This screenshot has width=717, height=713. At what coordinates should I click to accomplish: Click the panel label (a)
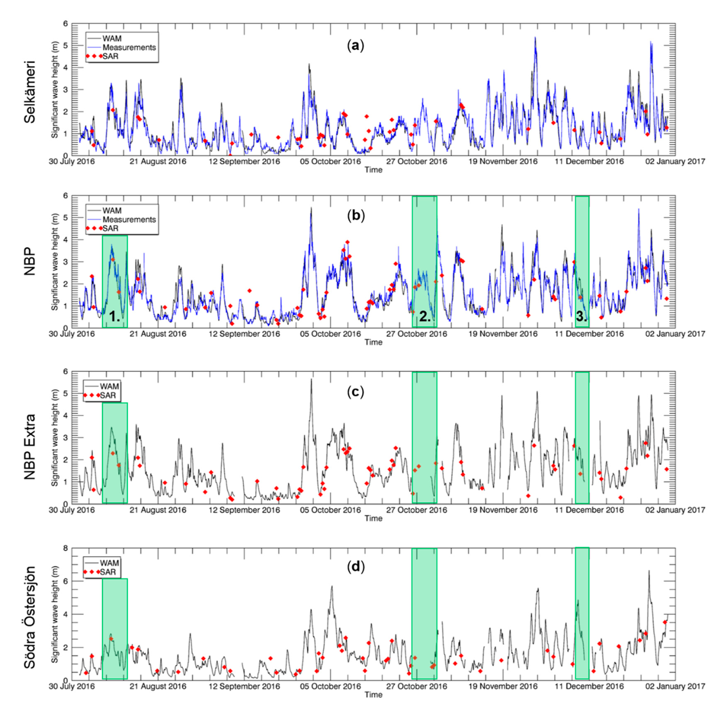[x=355, y=46]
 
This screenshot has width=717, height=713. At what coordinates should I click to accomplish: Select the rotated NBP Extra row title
[x=30, y=447]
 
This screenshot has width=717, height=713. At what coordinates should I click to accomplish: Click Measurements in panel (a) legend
[x=129, y=48]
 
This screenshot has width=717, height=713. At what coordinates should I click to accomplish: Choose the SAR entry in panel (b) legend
[x=110, y=228]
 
